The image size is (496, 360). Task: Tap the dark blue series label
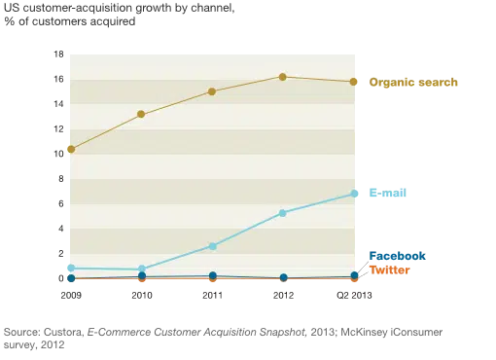(397, 256)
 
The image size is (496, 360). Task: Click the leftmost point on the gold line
(70, 149)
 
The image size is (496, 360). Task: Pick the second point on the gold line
(141, 114)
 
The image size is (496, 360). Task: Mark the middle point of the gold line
(212, 91)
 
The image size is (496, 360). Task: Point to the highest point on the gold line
(283, 77)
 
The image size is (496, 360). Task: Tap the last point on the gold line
(354, 82)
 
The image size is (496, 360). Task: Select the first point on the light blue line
(70, 268)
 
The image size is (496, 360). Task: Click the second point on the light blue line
(141, 269)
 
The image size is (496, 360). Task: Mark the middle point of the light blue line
(212, 246)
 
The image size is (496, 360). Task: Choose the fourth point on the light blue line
(283, 213)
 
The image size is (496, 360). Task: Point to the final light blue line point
(354, 194)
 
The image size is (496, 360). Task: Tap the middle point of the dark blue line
(212, 276)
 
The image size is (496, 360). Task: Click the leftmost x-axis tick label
(70, 295)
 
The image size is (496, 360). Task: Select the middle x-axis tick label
(212, 295)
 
